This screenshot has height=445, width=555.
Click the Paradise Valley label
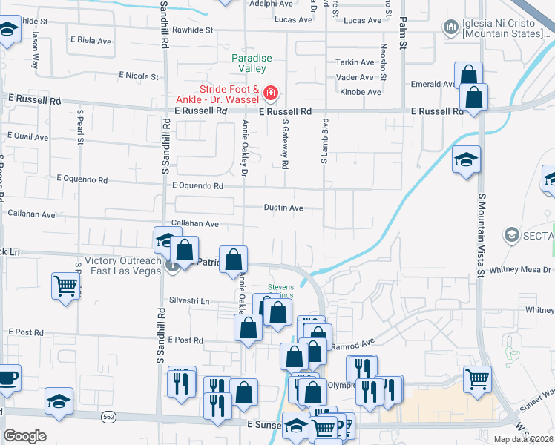[252, 63]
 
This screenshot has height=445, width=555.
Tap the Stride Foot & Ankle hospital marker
[271, 93]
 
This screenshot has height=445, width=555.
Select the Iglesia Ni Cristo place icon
[450, 28]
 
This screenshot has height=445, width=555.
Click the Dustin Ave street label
[283, 208]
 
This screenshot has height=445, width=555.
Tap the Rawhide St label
[192, 30]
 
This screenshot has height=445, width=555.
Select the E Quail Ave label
[27, 136]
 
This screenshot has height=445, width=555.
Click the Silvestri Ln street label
[189, 302]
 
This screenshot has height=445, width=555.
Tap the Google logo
[24, 436]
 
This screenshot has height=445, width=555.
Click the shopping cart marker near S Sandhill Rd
[65, 285]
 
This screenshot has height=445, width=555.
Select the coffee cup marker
[7, 377]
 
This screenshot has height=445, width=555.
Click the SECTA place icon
[510, 236]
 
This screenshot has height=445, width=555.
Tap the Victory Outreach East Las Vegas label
[123, 266]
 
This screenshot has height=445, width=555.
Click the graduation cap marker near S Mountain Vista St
[466, 159]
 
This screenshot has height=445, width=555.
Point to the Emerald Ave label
[433, 85]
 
